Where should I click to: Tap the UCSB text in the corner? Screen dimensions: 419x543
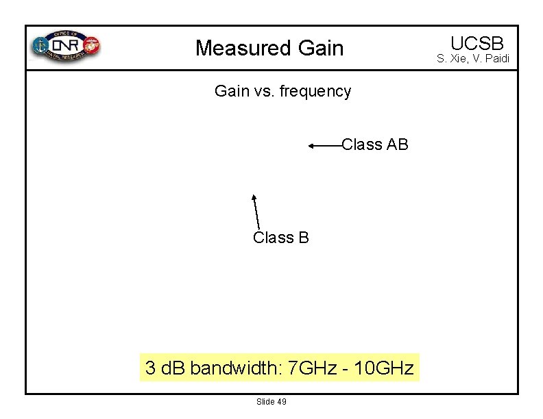(477, 42)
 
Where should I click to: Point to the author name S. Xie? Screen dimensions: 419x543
(453, 59)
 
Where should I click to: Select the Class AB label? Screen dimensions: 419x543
(375, 144)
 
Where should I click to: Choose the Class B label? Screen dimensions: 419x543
(281, 238)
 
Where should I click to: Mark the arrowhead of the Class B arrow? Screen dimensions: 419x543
(254, 197)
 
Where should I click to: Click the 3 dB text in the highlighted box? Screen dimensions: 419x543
(166, 368)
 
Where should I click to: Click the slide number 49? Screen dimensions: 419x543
(282, 401)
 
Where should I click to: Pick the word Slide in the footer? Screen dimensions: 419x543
(265, 401)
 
